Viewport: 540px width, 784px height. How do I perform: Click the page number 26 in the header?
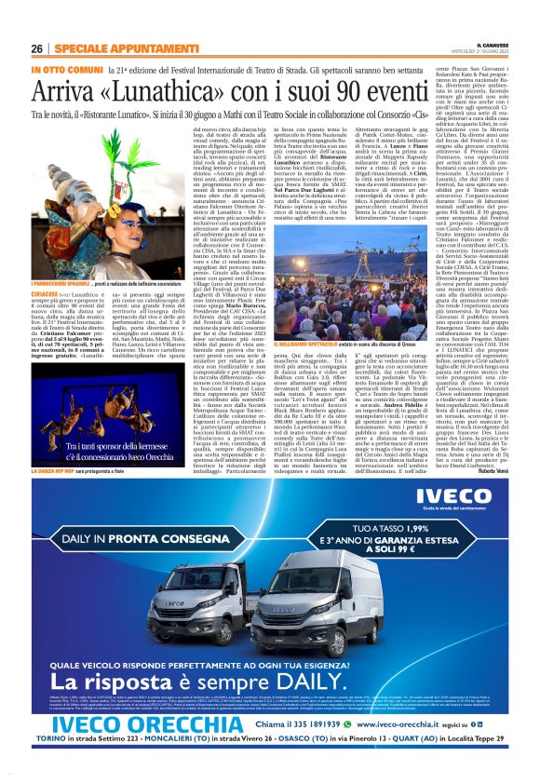36,48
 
